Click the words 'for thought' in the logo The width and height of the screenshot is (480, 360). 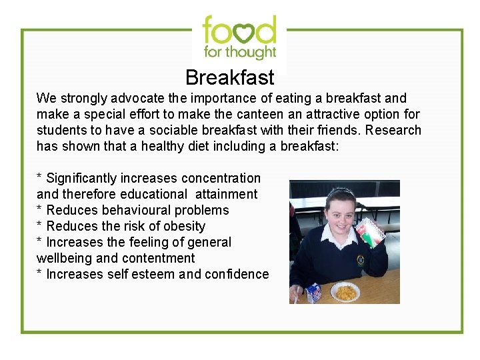coord(239,51)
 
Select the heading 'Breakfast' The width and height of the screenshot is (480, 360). coord(229,78)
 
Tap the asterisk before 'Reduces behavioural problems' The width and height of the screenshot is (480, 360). coord(39,210)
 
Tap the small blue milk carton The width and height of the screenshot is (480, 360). coord(313,292)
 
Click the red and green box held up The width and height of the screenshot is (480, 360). coord(369,237)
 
